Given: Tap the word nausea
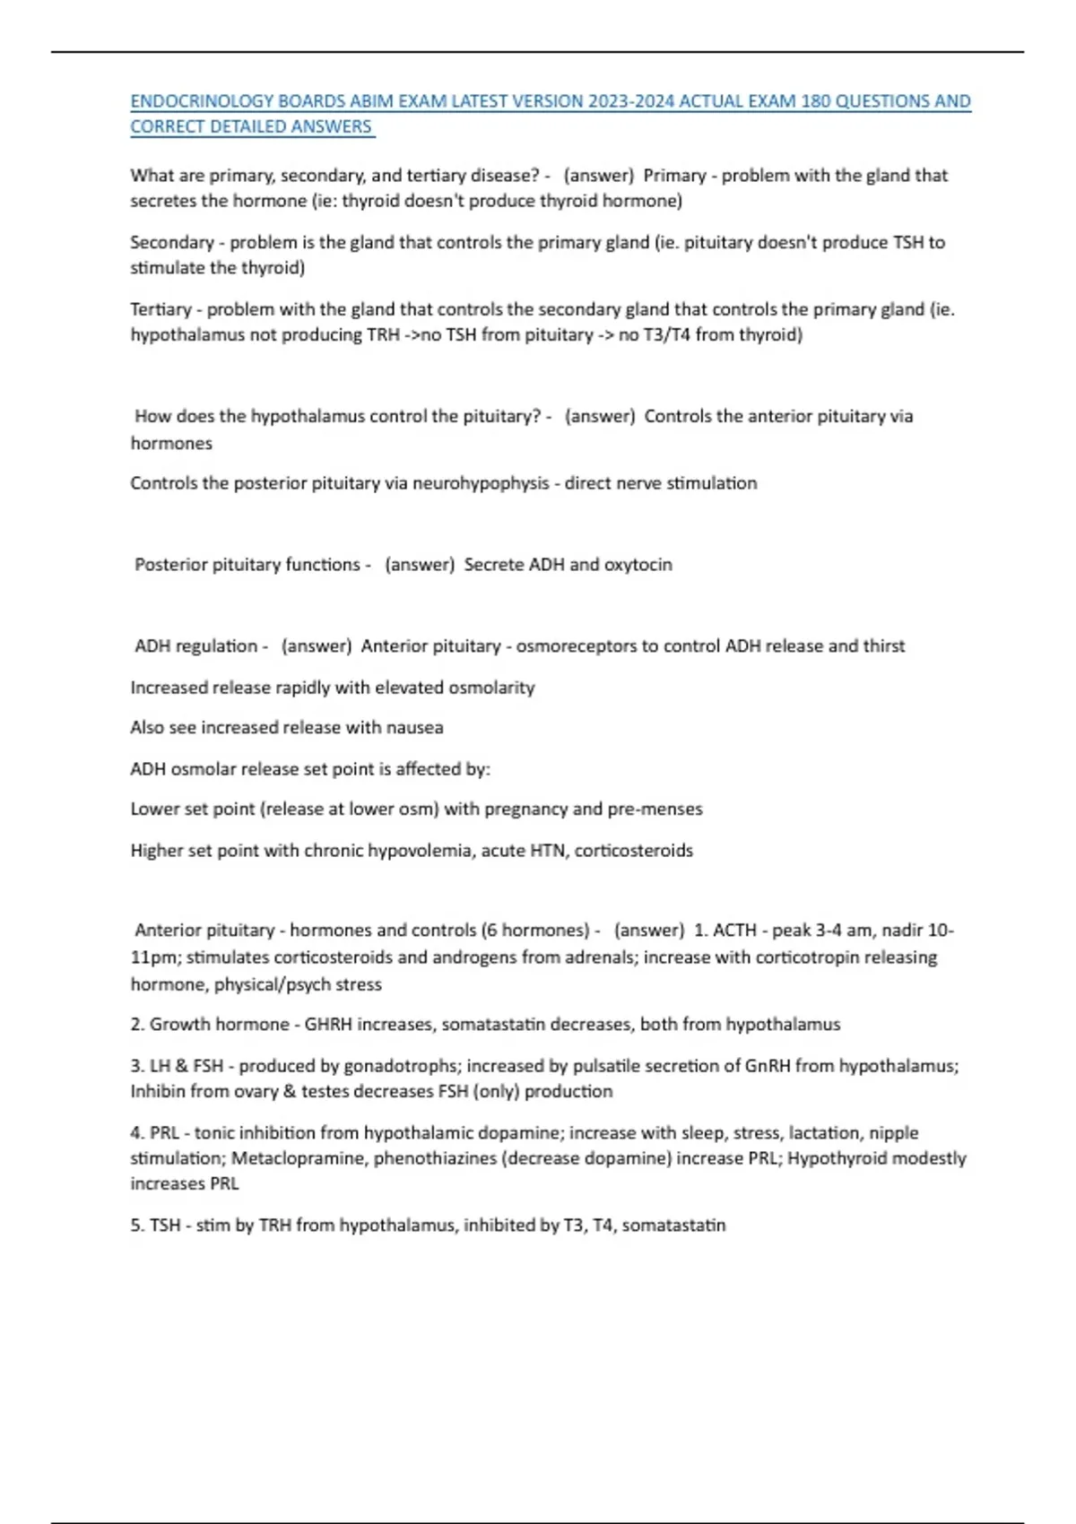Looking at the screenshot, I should [414, 728].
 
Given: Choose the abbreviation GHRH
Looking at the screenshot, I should [328, 1025].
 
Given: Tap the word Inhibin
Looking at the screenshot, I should [159, 1092].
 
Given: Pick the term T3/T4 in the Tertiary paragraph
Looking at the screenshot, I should [664, 335].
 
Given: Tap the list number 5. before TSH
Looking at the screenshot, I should [137, 1225].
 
